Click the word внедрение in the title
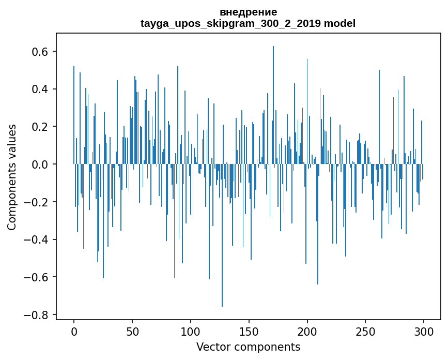248,12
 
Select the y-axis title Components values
12,177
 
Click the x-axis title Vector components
248,347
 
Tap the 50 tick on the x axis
132,331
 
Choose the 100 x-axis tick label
191,331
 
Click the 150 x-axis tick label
249,331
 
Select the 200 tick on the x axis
307,331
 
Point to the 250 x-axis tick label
366,331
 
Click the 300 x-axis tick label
424,331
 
